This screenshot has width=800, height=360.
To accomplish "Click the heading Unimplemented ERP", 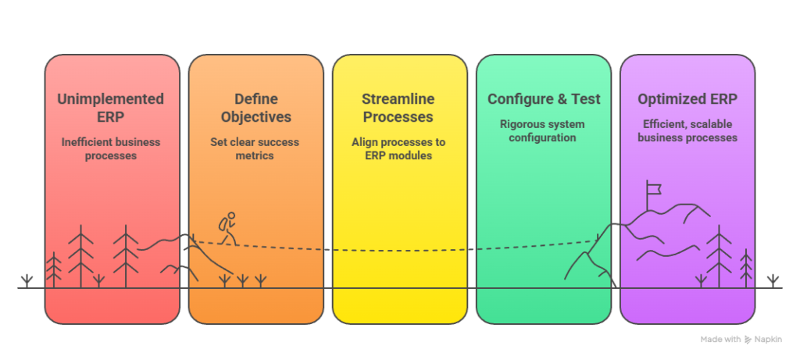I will (x=111, y=109).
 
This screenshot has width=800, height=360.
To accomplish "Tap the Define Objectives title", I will (x=256, y=109).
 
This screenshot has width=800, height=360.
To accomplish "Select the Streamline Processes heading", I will (x=398, y=109).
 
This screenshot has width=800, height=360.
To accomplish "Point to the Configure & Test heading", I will (x=544, y=99).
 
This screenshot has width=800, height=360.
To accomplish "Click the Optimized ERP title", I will (x=687, y=99).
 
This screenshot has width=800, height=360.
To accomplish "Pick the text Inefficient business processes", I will (x=111, y=148).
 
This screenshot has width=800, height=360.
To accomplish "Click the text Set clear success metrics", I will (x=255, y=148).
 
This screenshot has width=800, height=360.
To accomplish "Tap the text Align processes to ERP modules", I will (x=398, y=148).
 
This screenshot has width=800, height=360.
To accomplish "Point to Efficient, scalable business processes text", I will (x=687, y=130).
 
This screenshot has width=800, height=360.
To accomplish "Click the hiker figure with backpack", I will (x=227, y=229).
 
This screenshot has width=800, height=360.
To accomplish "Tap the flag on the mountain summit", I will (x=652, y=188).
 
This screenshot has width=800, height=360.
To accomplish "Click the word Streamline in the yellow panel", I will (x=398, y=99).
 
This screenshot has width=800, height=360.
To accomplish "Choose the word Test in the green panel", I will (x=586, y=99).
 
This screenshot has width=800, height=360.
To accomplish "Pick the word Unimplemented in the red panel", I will (x=111, y=99).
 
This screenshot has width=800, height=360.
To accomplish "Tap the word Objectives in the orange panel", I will (x=256, y=117).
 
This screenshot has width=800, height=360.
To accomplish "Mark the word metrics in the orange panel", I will (x=255, y=155).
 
